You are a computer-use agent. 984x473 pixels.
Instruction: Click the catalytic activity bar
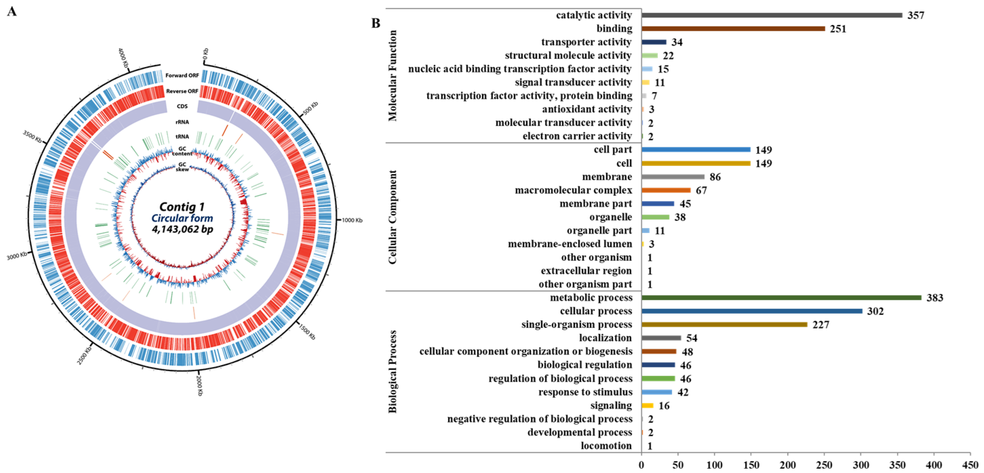(772, 15)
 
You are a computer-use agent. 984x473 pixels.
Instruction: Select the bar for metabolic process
(781, 298)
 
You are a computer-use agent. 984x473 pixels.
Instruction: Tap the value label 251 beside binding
(838, 29)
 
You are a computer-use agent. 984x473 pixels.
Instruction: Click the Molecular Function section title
(393, 76)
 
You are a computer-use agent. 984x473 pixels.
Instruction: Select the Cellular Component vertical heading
(393, 217)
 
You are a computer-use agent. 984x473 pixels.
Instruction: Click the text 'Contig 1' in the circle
(182, 207)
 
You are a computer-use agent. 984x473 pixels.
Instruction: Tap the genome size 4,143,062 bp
(182, 229)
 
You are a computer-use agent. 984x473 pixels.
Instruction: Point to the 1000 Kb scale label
(352, 220)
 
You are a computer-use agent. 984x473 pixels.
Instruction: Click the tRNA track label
(182, 136)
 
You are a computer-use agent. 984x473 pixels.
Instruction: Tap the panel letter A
(12, 12)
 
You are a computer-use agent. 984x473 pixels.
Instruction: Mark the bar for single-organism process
(724, 325)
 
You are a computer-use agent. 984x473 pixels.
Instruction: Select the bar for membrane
(673, 177)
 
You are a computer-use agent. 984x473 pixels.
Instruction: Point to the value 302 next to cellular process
(875, 312)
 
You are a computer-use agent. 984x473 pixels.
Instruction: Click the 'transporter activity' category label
(586, 42)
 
